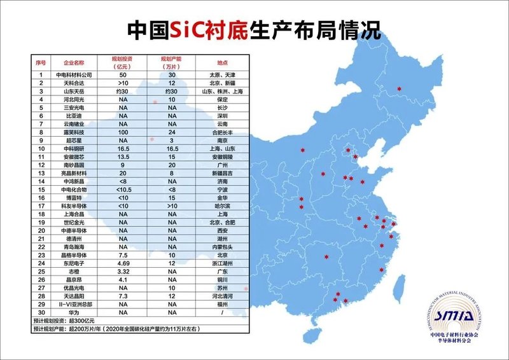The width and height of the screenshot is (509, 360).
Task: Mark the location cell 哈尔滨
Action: [222, 207]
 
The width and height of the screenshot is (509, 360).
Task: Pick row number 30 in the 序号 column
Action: [41, 314]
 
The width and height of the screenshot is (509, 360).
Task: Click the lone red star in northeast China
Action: [400, 89]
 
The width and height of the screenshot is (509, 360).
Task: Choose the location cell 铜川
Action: [222, 280]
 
